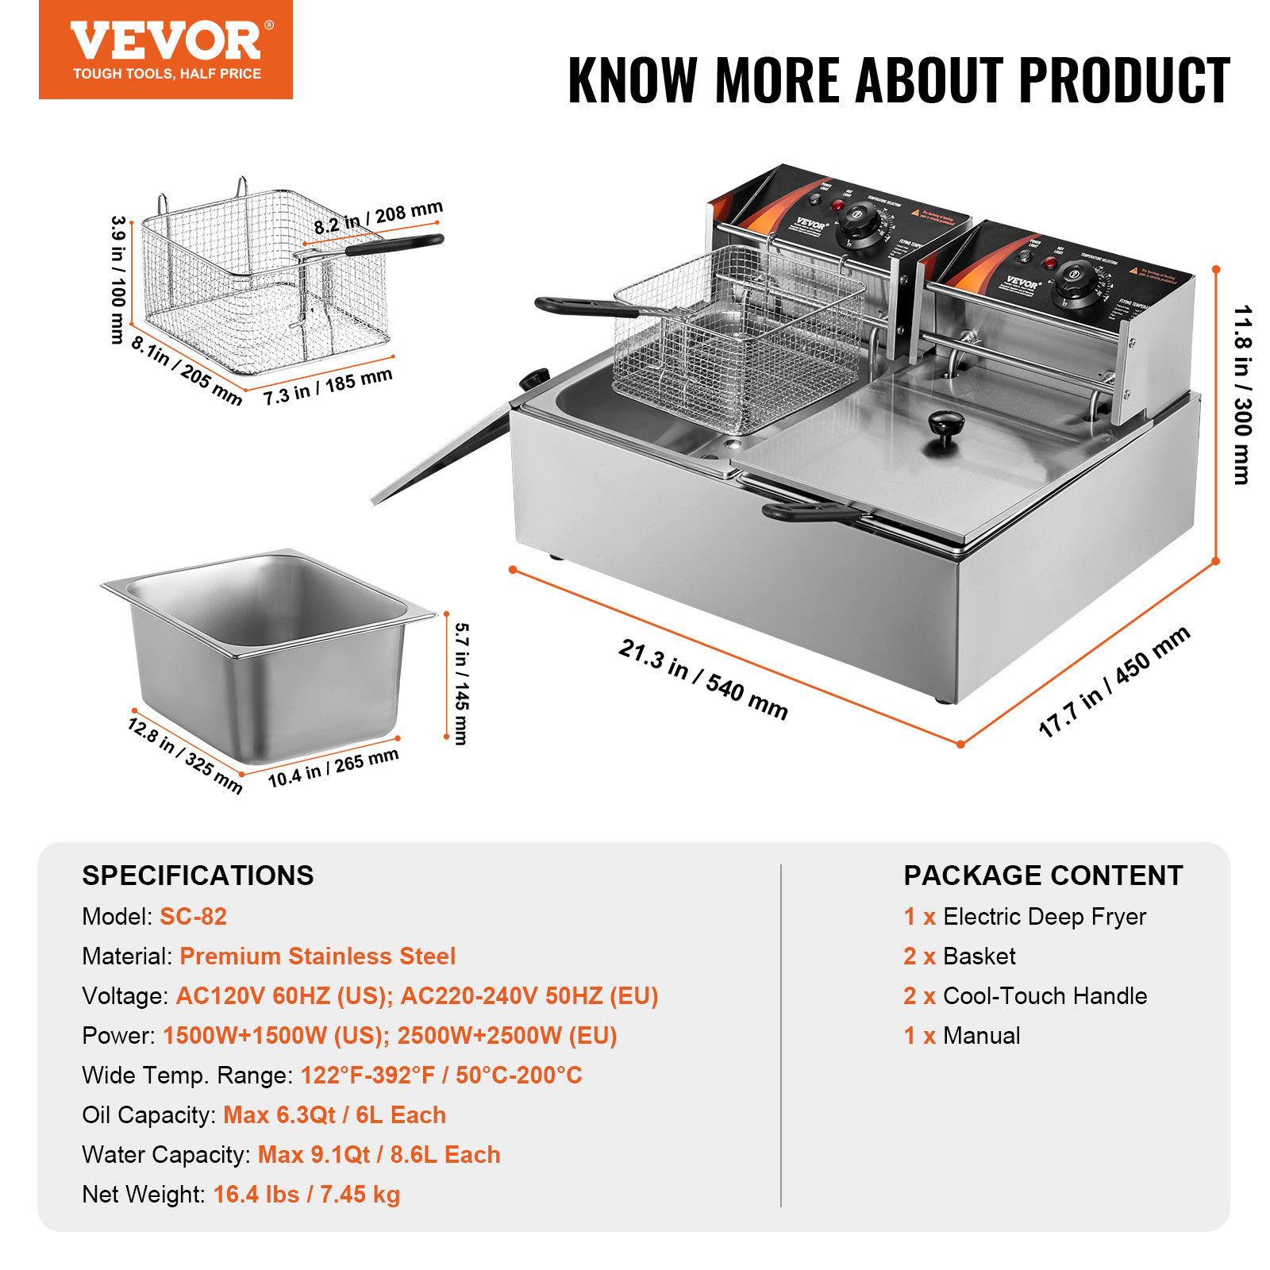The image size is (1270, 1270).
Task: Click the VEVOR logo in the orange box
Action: [x=165, y=41]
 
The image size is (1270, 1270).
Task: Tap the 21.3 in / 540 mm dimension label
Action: [x=703, y=679]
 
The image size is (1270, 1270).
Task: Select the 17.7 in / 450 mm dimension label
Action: [x=1114, y=681]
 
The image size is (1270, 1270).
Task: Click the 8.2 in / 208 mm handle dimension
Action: [x=378, y=217]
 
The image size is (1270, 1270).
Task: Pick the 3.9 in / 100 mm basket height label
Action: [x=118, y=279]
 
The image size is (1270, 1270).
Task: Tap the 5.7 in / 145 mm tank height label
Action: [x=461, y=683]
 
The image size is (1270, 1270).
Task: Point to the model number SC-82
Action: [x=193, y=916]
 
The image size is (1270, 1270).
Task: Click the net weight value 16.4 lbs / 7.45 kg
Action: [x=306, y=1194]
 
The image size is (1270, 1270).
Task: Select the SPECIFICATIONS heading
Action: [x=198, y=876]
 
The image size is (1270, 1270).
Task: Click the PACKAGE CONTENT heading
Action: [x=1042, y=876]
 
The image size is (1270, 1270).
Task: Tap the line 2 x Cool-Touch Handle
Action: [x=1025, y=995]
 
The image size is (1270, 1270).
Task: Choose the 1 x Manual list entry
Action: [x=961, y=1035]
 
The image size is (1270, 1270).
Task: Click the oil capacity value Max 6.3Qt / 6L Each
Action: [x=334, y=1114]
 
